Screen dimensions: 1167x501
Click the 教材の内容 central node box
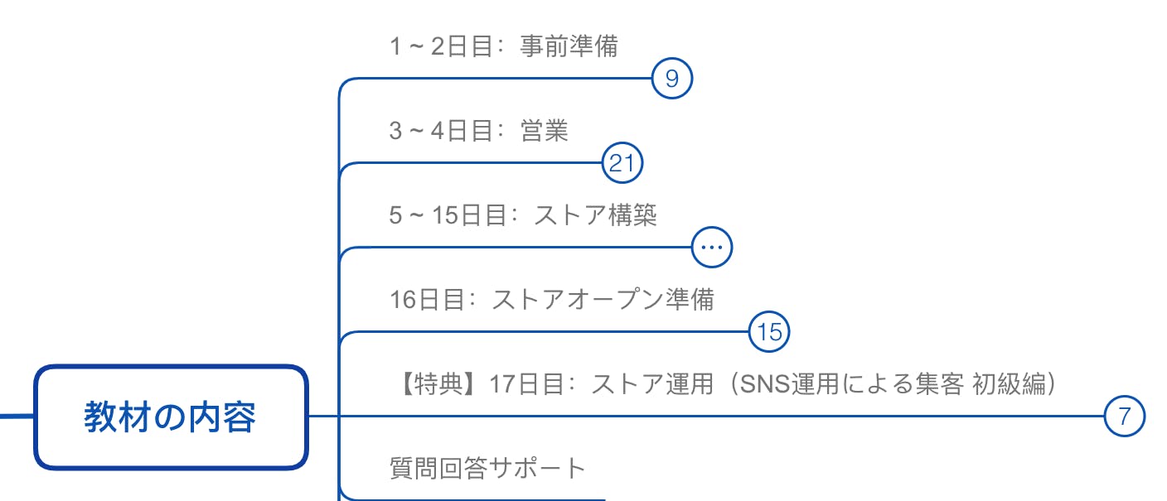(171, 417)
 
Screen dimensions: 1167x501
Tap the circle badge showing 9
(672, 78)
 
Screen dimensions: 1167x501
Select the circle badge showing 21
(622, 162)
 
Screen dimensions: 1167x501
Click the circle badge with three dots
(712, 247)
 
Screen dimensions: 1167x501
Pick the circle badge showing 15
(769, 331)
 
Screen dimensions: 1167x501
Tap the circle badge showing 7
(1124, 416)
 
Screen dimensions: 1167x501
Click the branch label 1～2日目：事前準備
(503, 46)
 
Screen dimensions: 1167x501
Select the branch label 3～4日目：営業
(478, 130)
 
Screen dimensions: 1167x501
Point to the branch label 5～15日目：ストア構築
(522, 214)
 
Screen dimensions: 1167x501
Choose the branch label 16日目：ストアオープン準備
(552, 300)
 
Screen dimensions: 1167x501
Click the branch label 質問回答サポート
(487, 468)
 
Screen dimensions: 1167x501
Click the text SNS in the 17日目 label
(765, 384)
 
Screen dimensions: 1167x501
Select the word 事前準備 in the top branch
(569, 46)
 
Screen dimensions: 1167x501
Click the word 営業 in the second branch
(545, 130)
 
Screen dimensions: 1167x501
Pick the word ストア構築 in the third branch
(596, 214)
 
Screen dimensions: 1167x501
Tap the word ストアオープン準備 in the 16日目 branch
(603, 300)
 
